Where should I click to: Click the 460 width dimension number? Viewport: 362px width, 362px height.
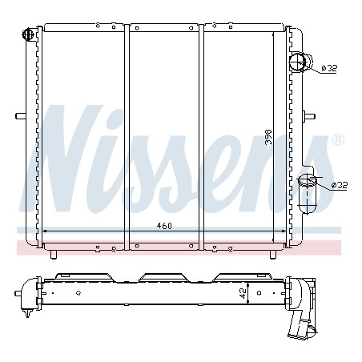click(x=164, y=226)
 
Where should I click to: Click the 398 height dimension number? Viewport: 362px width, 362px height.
click(x=268, y=137)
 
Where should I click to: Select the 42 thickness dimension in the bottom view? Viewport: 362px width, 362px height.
click(x=243, y=293)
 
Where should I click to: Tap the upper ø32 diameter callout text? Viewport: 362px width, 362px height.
click(x=329, y=68)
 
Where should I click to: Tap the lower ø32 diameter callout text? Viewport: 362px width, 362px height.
click(x=340, y=185)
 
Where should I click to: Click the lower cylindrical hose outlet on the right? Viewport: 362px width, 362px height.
click(x=308, y=194)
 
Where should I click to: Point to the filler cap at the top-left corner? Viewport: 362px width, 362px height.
click(x=27, y=34)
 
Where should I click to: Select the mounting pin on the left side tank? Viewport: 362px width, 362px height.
click(x=21, y=116)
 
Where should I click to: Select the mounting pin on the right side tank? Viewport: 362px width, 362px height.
click(x=309, y=116)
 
